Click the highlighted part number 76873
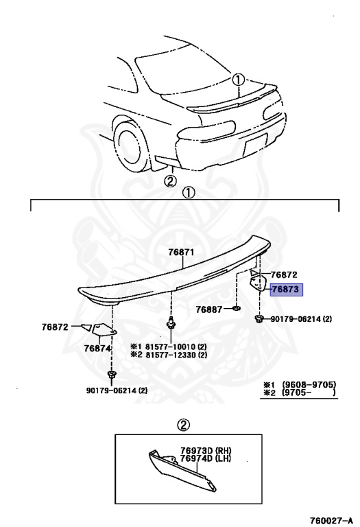click(x=285, y=290)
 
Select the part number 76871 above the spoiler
click(x=181, y=252)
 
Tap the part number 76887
click(x=209, y=309)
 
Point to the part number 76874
click(x=97, y=349)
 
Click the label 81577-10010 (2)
click(x=169, y=347)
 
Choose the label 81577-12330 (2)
click(x=169, y=355)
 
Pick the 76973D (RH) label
click(x=206, y=450)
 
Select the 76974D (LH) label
click(x=206, y=458)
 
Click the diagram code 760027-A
click(x=331, y=520)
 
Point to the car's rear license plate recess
click(x=255, y=145)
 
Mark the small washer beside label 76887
click(x=237, y=308)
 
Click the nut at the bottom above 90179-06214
click(x=111, y=375)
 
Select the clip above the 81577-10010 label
click(x=171, y=323)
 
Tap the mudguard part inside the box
click(x=183, y=470)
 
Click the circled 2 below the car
click(x=170, y=181)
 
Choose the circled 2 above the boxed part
click(x=183, y=425)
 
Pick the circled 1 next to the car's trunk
click(x=238, y=80)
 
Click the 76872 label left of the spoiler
click(x=55, y=327)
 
